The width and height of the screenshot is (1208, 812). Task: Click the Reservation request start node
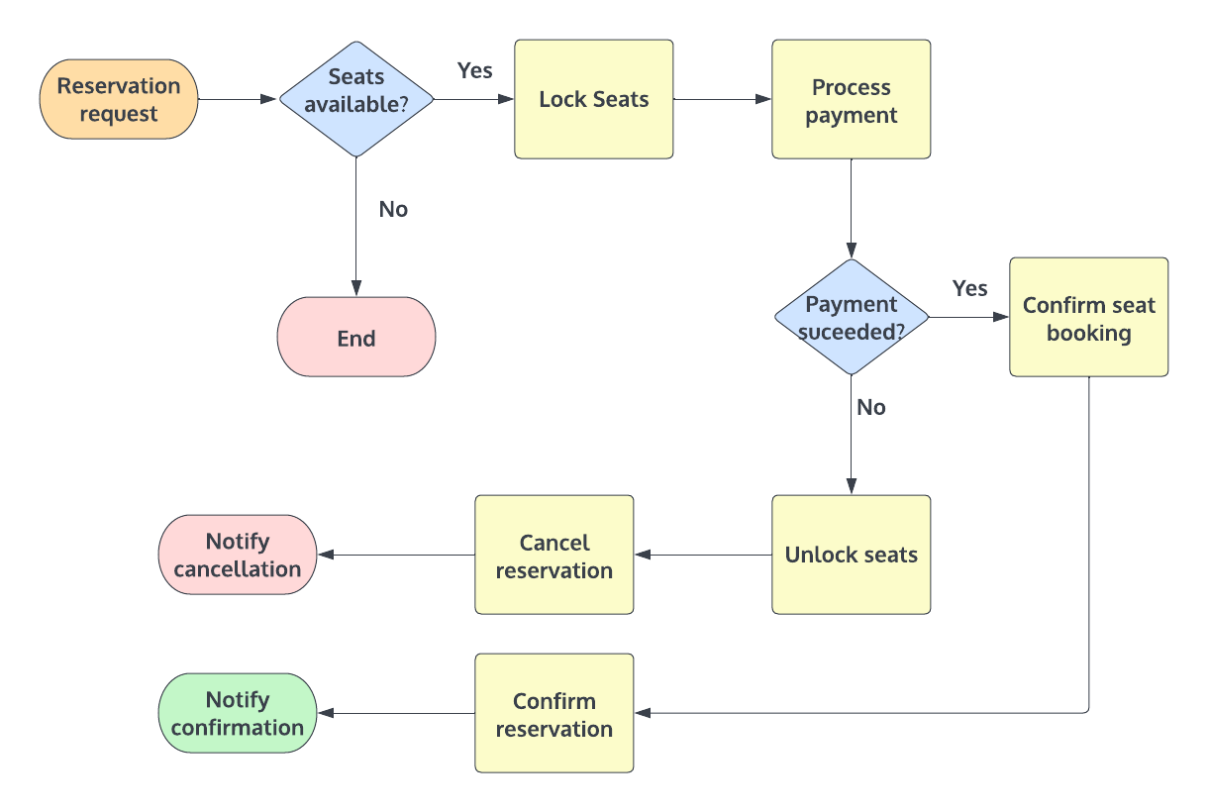tap(119, 99)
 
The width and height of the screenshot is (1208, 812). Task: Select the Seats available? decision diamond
tap(356, 99)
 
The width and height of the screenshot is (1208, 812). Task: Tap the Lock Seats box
tap(594, 99)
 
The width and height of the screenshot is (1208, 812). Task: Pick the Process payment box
tap(852, 99)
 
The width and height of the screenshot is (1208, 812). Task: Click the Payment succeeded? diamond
tap(852, 317)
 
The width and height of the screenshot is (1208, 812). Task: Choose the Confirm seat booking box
tap(1089, 317)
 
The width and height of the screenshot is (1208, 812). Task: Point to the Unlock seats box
tap(852, 555)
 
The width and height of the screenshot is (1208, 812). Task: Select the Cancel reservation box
tap(554, 555)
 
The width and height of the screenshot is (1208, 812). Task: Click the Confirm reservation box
tap(554, 713)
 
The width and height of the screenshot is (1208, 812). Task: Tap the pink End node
tap(356, 338)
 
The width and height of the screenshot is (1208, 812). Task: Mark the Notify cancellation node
tap(238, 555)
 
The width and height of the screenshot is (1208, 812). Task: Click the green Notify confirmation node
tap(238, 713)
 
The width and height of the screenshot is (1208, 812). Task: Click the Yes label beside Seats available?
tap(475, 70)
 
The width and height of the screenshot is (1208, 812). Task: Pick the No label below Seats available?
tap(393, 209)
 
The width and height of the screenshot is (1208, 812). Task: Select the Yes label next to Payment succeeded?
tap(969, 288)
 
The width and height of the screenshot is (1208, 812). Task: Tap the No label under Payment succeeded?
tap(871, 407)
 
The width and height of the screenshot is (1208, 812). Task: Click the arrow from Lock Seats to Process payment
tap(723, 99)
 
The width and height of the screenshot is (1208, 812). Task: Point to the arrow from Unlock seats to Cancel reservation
tap(703, 555)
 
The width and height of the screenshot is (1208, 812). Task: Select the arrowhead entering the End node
tap(356, 288)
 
